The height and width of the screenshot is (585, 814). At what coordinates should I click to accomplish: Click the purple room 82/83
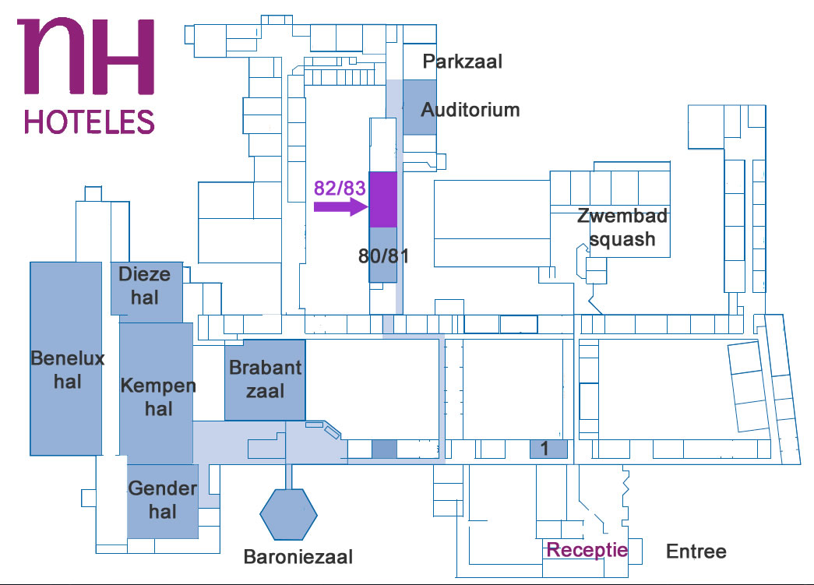[383, 199]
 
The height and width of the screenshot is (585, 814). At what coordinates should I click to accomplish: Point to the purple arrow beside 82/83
[341, 206]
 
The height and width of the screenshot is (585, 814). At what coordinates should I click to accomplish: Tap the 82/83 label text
[340, 188]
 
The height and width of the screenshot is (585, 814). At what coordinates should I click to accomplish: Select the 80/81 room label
[384, 256]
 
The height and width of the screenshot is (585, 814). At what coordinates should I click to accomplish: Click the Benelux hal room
[66, 358]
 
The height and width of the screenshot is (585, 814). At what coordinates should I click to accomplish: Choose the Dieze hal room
[146, 289]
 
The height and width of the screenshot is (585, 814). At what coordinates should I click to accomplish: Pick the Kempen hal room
[157, 393]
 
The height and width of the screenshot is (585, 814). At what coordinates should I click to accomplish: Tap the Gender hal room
[163, 501]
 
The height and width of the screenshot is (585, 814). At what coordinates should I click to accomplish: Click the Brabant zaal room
[265, 380]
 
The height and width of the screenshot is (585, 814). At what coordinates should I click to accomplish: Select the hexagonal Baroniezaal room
[289, 514]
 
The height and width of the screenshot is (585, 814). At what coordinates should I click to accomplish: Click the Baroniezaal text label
[298, 557]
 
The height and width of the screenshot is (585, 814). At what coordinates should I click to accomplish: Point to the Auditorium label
[470, 110]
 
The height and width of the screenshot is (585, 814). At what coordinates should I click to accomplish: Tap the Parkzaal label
[463, 62]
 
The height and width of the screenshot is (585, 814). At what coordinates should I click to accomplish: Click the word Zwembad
[622, 216]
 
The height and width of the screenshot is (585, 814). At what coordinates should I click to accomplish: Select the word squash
[622, 239]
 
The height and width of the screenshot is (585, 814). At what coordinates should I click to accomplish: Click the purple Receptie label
[587, 550]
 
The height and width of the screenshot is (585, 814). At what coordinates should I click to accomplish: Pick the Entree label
[696, 552]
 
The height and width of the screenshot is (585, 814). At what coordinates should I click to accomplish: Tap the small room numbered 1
[548, 449]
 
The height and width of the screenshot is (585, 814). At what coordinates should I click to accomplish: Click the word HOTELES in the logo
[90, 122]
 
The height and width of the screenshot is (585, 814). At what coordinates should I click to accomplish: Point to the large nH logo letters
[86, 57]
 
